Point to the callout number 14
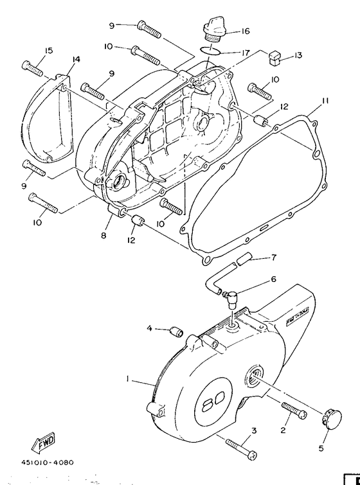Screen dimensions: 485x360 pyautogui.click(x=76, y=60)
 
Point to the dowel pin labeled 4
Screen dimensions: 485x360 pyautogui.click(x=174, y=331)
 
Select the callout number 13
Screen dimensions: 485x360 pyautogui.click(x=297, y=56)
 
